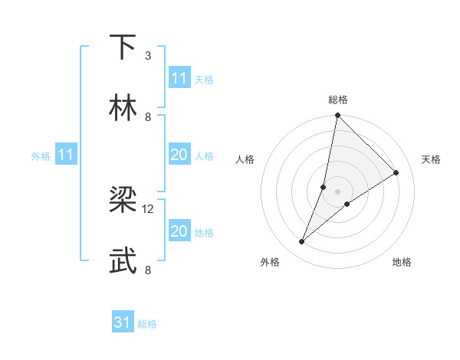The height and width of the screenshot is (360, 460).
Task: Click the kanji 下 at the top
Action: click(123, 47)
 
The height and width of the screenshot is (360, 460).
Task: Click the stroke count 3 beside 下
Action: click(147, 55)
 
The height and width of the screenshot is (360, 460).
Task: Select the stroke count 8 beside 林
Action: click(148, 116)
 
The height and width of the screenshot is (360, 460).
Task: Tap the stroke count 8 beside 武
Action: click(148, 270)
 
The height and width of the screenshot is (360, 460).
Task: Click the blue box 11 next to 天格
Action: click(179, 78)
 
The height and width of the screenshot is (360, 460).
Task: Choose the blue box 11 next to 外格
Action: click(66, 155)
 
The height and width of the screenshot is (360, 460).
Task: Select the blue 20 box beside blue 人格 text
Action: click(179, 155)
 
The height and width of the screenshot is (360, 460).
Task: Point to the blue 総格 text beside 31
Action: click(147, 324)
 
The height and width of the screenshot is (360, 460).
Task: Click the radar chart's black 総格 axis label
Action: click(337, 100)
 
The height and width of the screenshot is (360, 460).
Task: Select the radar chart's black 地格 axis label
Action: click(402, 262)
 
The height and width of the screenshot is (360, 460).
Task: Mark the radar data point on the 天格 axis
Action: click(396, 172)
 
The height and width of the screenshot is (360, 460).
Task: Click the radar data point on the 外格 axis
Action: click(301, 242)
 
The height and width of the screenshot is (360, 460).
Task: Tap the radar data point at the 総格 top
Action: click(337, 116)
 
